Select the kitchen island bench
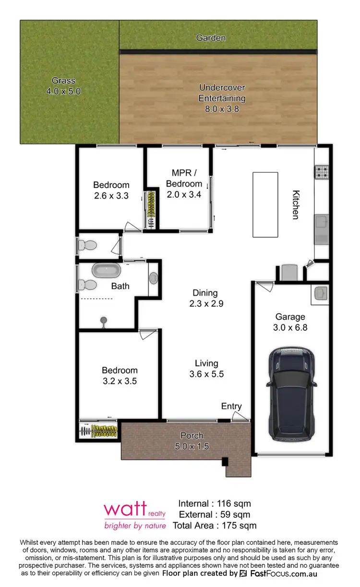coord(265,204)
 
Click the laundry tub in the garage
coord(320,292)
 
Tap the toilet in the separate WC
coord(87,245)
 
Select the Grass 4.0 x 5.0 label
coord(64,85)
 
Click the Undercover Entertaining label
coord(222,98)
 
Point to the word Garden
coord(211,37)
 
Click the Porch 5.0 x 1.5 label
coord(192,441)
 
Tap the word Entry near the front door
coord(231,407)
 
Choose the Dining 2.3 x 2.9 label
coord(205,298)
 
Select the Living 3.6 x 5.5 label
coord(206,369)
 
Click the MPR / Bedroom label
coord(184,183)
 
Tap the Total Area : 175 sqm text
coord(215,525)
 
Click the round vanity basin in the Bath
coord(154,278)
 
